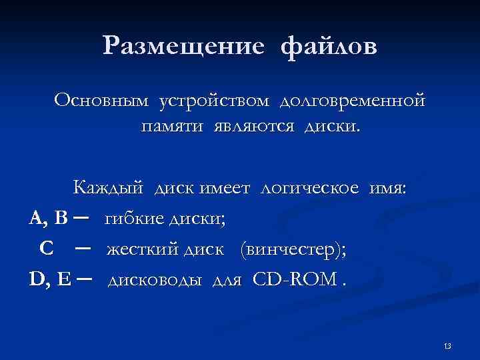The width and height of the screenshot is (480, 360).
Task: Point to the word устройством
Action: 214,101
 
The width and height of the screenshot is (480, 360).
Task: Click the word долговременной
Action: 352,102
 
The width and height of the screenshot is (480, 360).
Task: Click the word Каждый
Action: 108,188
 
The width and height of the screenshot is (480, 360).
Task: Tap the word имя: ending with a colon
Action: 389,188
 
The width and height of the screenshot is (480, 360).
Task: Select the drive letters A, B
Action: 49,218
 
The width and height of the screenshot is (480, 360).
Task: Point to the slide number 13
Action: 447,345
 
